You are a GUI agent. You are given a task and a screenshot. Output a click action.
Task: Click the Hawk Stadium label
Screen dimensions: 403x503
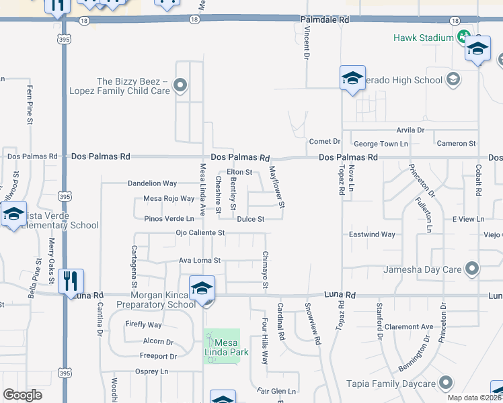pos(424,38)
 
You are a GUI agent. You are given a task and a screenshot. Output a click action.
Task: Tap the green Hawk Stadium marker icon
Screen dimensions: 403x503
pos(463,36)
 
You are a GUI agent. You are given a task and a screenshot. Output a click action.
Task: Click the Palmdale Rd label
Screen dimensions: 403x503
pos(325,21)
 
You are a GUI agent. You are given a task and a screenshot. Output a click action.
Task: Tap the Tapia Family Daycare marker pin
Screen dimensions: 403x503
pos(445,384)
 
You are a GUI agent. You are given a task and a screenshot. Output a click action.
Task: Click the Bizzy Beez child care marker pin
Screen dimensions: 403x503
pos(180,85)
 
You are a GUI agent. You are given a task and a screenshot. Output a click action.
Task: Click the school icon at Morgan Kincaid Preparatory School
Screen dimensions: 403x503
pos(202,288)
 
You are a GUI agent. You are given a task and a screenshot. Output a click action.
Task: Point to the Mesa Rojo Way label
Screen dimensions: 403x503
pos(169,199)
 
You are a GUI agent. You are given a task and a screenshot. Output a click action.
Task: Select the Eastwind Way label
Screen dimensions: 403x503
pos(372,234)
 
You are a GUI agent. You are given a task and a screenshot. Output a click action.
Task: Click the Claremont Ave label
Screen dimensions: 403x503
pos(413,327)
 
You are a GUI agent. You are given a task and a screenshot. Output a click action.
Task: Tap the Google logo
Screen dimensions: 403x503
pos(22,395)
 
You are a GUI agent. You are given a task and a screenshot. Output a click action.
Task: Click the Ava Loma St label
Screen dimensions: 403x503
pos(200,261)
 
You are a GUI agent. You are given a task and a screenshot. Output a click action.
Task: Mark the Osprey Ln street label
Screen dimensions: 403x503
pos(151,371)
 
